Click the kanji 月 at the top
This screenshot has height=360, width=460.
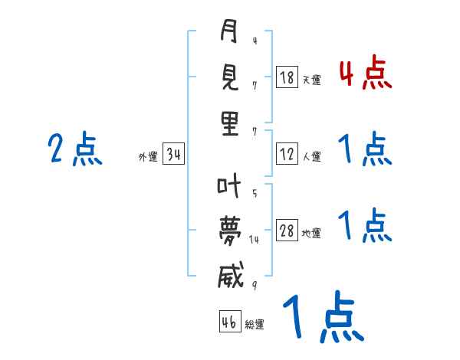click(x=228, y=31)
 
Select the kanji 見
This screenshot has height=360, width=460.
click(x=229, y=77)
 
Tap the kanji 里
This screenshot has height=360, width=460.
click(x=230, y=123)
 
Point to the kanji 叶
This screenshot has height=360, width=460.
click(x=228, y=185)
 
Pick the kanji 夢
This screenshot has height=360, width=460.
click(x=230, y=231)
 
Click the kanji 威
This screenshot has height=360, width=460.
click(x=231, y=275)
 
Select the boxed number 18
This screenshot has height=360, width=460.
click(x=287, y=77)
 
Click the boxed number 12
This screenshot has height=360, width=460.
click(x=287, y=154)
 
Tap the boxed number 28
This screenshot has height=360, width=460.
click(x=287, y=231)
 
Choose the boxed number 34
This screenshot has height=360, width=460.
click(x=174, y=153)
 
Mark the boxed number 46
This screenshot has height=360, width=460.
click(x=230, y=321)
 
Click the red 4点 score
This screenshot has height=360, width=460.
click(x=366, y=74)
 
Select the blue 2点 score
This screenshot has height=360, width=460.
click(x=75, y=149)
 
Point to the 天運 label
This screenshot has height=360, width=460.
click(x=312, y=80)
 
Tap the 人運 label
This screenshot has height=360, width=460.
click(x=312, y=156)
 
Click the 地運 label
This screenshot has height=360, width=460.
click(x=311, y=234)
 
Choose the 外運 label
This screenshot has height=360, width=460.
click(x=148, y=156)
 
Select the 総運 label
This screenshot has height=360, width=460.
click(x=255, y=324)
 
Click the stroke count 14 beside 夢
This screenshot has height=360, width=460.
click(x=254, y=240)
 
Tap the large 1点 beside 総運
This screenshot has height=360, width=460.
click(x=324, y=317)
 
